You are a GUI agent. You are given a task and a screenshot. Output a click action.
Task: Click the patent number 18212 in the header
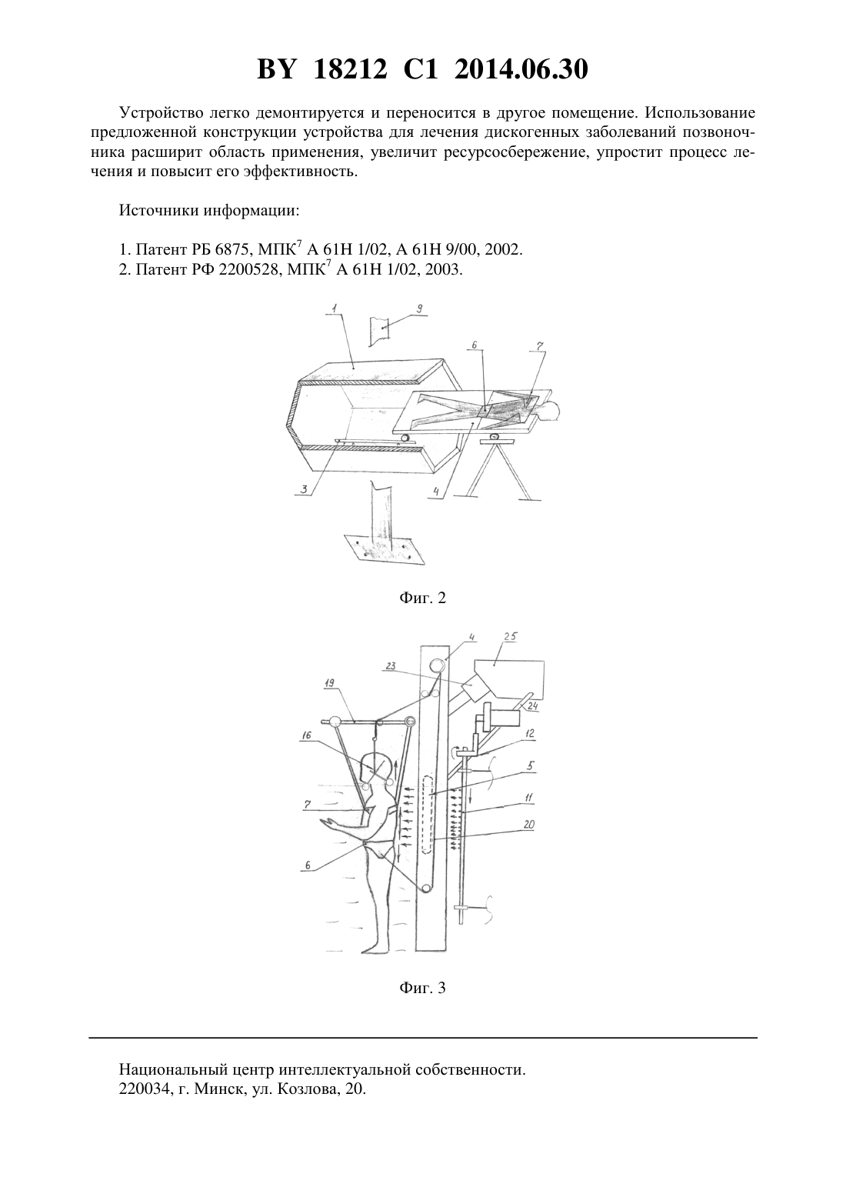[351, 69]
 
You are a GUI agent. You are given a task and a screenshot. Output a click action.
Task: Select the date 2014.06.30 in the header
[521, 69]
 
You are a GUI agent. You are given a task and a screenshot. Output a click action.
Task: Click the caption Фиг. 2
[422, 598]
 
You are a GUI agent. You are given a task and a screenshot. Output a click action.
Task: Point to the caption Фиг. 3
[422, 988]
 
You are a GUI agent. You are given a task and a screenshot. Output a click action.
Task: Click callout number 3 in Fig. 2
[303, 488]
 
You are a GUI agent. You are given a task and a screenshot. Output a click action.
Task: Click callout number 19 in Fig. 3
[329, 683]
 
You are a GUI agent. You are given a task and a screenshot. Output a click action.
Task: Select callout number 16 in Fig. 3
[306, 736]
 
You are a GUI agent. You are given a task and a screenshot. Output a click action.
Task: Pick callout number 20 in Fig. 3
[529, 825]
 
